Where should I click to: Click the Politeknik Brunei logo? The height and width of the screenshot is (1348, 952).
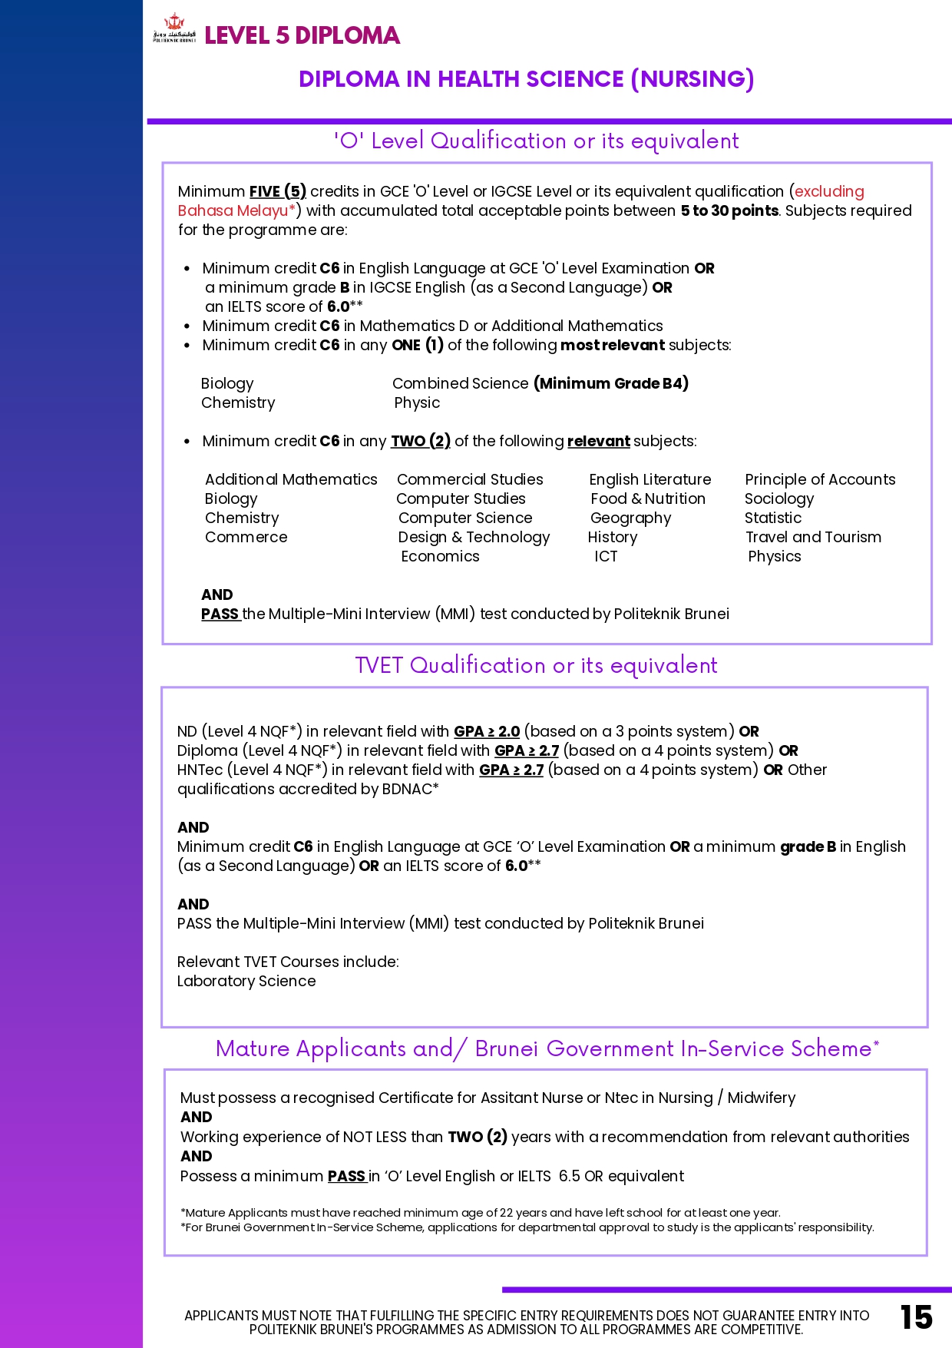pos(174,28)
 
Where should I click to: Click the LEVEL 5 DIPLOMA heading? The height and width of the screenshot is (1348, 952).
pos(302,35)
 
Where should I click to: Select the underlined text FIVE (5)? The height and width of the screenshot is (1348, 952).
pos(277,191)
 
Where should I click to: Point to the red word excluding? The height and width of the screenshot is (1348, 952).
pos(829,191)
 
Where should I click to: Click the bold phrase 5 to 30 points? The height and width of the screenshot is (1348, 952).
pos(729,210)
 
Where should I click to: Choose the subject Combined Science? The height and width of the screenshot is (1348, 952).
pos(460,383)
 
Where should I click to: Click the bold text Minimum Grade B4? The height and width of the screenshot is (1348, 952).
pos(611,383)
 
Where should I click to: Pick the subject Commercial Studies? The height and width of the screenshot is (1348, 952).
pos(470,479)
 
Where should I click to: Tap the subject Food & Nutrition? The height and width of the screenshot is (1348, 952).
pos(647,498)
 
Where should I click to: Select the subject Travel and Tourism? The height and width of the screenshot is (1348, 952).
pos(813,537)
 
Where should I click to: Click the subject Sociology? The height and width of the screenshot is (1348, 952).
pos(778,498)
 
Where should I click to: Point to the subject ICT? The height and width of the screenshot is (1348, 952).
pos(605,556)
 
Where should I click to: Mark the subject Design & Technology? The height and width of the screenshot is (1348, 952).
pos(474,537)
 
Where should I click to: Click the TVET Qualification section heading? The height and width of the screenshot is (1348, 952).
pos(536,665)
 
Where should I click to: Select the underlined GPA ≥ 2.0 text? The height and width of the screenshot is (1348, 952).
pos(487,731)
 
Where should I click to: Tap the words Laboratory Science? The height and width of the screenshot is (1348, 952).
pos(246,981)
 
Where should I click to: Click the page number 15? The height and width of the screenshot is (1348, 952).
pos(916,1317)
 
